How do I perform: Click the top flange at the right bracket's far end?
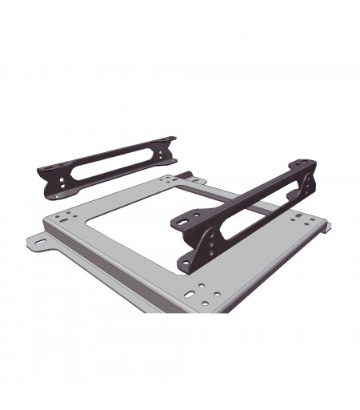[306, 164]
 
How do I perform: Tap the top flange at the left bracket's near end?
[50, 169]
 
